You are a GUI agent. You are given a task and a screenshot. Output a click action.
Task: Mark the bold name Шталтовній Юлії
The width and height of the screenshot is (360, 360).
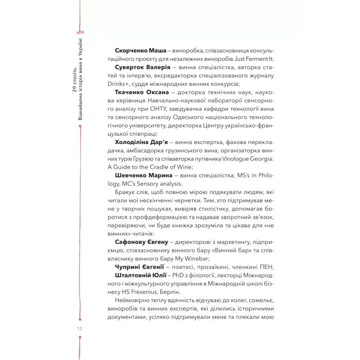(x=140, y=275)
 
